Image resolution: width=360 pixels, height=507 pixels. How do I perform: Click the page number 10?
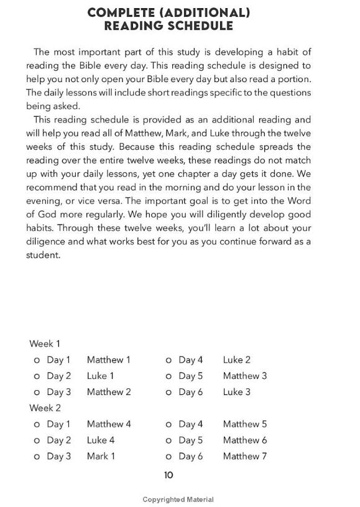pyautogui.click(x=168, y=475)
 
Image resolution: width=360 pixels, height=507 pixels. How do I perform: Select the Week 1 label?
pyautogui.click(x=45, y=343)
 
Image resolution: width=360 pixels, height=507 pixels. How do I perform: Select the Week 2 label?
pyautogui.click(x=45, y=408)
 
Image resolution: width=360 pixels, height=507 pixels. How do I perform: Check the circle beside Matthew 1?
pyautogui.click(x=37, y=360)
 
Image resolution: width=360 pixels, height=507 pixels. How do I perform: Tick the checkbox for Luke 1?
pyautogui.click(x=37, y=376)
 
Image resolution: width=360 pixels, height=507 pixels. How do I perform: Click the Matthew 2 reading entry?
pyautogui.click(x=109, y=392)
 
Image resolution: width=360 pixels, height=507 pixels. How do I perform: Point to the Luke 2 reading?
pyautogui.click(x=237, y=360)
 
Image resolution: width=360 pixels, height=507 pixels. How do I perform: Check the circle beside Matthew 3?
pyautogui.click(x=169, y=376)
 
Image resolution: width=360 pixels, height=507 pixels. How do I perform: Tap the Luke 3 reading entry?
pyautogui.click(x=237, y=392)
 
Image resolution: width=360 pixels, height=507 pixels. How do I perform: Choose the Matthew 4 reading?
pyautogui.click(x=109, y=424)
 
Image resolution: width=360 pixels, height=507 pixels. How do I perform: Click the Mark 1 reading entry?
pyautogui.click(x=101, y=457)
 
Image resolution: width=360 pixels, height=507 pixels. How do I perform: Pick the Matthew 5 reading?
pyautogui.click(x=245, y=424)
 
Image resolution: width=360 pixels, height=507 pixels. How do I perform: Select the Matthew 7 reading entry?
pyautogui.click(x=245, y=457)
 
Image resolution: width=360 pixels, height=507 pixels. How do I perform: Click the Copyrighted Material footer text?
pyautogui.click(x=178, y=500)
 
